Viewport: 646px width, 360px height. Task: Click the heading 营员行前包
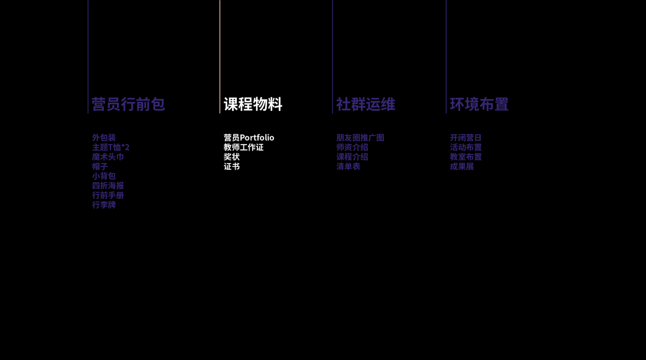[x=128, y=104]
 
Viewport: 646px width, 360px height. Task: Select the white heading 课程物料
[x=253, y=104]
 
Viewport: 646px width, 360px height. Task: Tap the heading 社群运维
[x=365, y=104]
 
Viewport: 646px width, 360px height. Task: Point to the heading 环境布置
[x=479, y=104]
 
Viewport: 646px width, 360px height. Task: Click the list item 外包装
[x=104, y=137]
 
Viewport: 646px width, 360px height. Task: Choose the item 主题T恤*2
[x=110, y=147]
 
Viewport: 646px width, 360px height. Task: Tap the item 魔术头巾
[x=108, y=157]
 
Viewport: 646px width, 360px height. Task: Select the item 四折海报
[x=108, y=185]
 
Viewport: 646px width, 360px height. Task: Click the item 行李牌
[x=104, y=205]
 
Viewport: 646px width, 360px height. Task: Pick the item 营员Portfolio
[x=249, y=137]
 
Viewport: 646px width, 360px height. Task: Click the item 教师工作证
[x=244, y=147]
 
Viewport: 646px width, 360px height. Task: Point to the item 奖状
[x=232, y=157]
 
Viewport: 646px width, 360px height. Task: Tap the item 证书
[x=232, y=166]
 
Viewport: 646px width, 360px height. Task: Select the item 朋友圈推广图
[x=360, y=137]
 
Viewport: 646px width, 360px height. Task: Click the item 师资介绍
[x=352, y=147]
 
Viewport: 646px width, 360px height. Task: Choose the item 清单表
[x=348, y=166]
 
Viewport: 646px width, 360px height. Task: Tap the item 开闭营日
[x=465, y=137]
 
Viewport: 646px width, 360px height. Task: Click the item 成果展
[x=462, y=166]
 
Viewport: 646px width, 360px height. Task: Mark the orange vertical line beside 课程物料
[x=220, y=57]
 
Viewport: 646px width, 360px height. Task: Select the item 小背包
[x=104, y=176]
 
